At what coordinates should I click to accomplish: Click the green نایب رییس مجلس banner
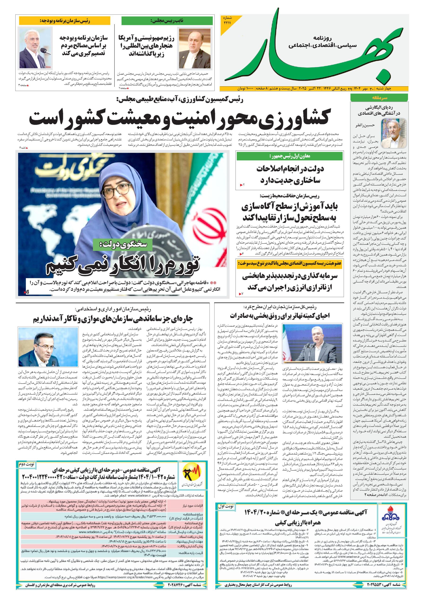coord(167,21)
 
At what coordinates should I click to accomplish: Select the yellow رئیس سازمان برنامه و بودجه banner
coord(65,20)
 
